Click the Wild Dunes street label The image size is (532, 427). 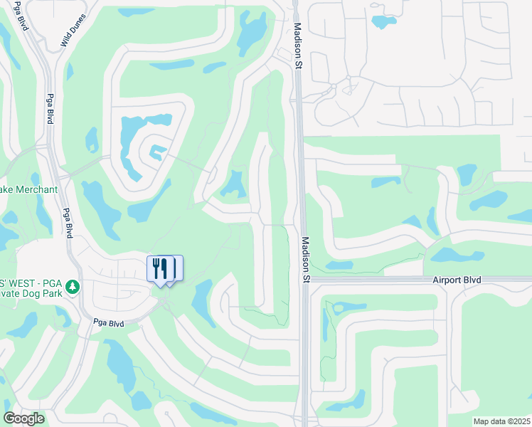(x=73, y=31)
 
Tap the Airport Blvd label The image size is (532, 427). (x=457, y=280)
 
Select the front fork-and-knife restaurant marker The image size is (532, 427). (x=160, y=269)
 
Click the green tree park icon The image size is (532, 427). (x=72, y=287)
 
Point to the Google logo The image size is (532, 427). (x=23, y=418)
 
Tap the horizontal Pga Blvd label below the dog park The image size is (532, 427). (x=109, y=323)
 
